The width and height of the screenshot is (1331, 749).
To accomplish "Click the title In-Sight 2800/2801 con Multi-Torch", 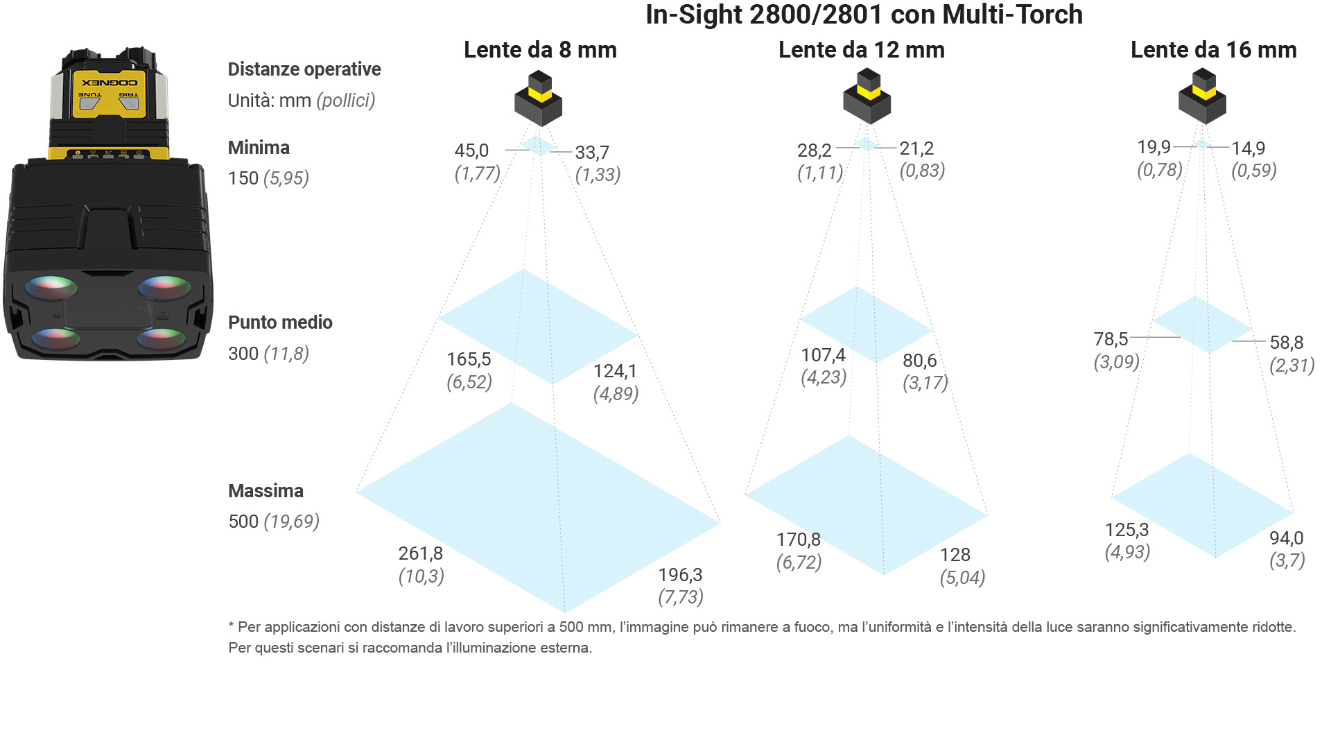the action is (864, 15).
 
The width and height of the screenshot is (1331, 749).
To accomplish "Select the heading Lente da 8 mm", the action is (540, 50).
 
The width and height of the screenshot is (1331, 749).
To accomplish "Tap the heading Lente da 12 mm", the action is (862, 50).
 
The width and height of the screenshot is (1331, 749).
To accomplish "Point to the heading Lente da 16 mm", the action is (1214, 50).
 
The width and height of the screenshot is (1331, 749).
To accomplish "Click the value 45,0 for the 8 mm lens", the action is (471, 150).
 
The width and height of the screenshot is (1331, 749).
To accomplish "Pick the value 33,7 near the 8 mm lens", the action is (592, 153).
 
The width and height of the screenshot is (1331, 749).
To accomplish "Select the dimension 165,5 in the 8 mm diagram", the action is (469, 359).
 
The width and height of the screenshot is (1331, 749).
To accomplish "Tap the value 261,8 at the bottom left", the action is (420, 553).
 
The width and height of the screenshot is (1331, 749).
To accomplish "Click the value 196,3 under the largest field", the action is (680, 575).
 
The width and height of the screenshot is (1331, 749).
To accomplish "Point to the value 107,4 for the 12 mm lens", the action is (823, 355).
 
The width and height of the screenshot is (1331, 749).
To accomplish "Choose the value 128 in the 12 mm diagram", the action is (955, 555).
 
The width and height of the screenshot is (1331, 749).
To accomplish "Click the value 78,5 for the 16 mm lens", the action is (1111, 339).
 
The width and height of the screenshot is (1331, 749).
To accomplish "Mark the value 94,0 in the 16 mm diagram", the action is (1287, 538).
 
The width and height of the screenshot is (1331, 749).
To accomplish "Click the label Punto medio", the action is (280, 322).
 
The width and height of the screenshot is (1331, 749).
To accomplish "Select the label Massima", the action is (266, 491).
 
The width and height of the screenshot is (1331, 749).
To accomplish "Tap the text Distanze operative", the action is (304, 69).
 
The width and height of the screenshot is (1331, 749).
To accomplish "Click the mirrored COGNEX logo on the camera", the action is (110, 83).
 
